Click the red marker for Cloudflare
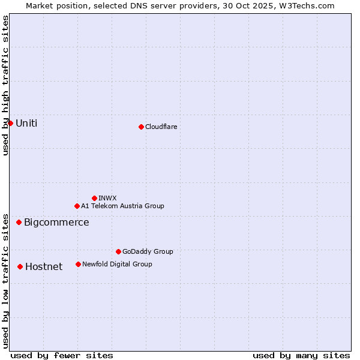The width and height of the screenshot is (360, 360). (x=141, y=127)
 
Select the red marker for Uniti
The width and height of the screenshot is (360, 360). (x=10, y=123)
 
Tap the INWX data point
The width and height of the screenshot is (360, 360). (x=94, y=198)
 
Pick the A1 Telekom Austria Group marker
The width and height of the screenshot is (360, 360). (x=77, y=206)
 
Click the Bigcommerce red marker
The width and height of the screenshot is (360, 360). (x=19, y=222)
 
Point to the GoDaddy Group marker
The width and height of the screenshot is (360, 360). (x=118, y=251)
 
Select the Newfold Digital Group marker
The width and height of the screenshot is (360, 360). (x=78, y=264)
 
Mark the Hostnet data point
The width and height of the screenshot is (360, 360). (x=20, y=266)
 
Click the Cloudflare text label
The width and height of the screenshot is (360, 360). (x=161, y=127)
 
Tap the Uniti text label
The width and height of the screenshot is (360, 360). (x=26, y=123)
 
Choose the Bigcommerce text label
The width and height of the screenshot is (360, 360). (x=56, y=222)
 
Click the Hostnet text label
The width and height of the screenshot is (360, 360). (x=44, y=266)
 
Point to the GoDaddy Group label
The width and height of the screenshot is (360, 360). (x=148, y=251)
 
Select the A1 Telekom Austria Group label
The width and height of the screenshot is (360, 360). (x=122, y=206)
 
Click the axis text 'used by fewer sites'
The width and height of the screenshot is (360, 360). (x=62, y=355)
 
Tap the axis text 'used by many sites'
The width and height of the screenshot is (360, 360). (x=301, y=355)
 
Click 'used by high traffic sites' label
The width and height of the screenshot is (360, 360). (x=5, y=85)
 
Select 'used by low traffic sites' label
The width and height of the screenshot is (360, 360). (x=5, y=280)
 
